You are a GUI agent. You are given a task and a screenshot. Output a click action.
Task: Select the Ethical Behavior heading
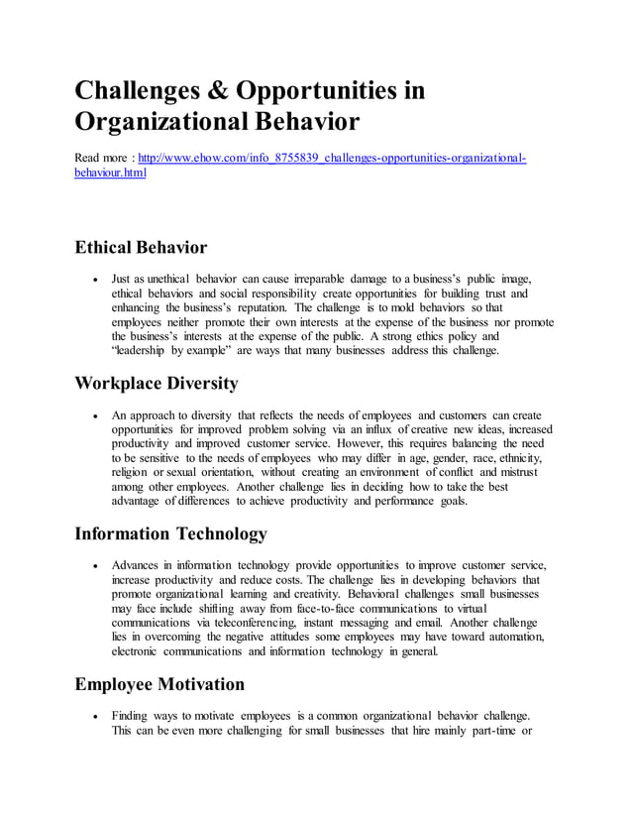pyautogui.click(x=141, y=247)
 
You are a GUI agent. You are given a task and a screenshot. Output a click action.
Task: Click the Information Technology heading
pyautogui.click(x=171, y=534)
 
